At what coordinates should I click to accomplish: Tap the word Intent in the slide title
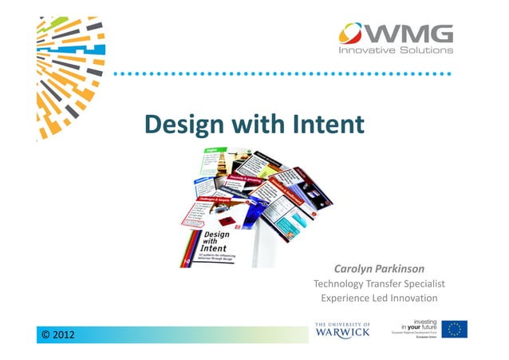[327, 125]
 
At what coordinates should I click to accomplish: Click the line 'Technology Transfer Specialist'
[379, 284]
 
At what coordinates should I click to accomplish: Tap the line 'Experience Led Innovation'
[379, 299]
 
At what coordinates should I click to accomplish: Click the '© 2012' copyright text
[58, 334]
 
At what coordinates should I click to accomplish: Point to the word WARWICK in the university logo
[342, 333]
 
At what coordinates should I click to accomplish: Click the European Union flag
[455, 329]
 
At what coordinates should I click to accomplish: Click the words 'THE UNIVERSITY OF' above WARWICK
[342, 323]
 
